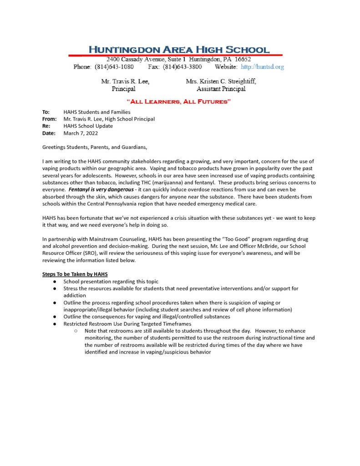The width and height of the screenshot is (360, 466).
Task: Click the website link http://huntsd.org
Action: [x=262, y=67]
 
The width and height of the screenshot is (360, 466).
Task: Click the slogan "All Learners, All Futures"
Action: [x=179, y=101]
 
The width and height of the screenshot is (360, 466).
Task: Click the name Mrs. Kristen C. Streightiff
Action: [x=221, y=81]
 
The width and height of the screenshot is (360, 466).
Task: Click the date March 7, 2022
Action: [x=81, y=133]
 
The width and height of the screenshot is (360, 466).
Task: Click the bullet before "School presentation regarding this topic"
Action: [x=54, y=282]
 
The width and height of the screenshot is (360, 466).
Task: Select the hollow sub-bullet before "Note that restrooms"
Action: [x=76, y=331]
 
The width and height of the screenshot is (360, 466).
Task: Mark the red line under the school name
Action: [x=175, y=56]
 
